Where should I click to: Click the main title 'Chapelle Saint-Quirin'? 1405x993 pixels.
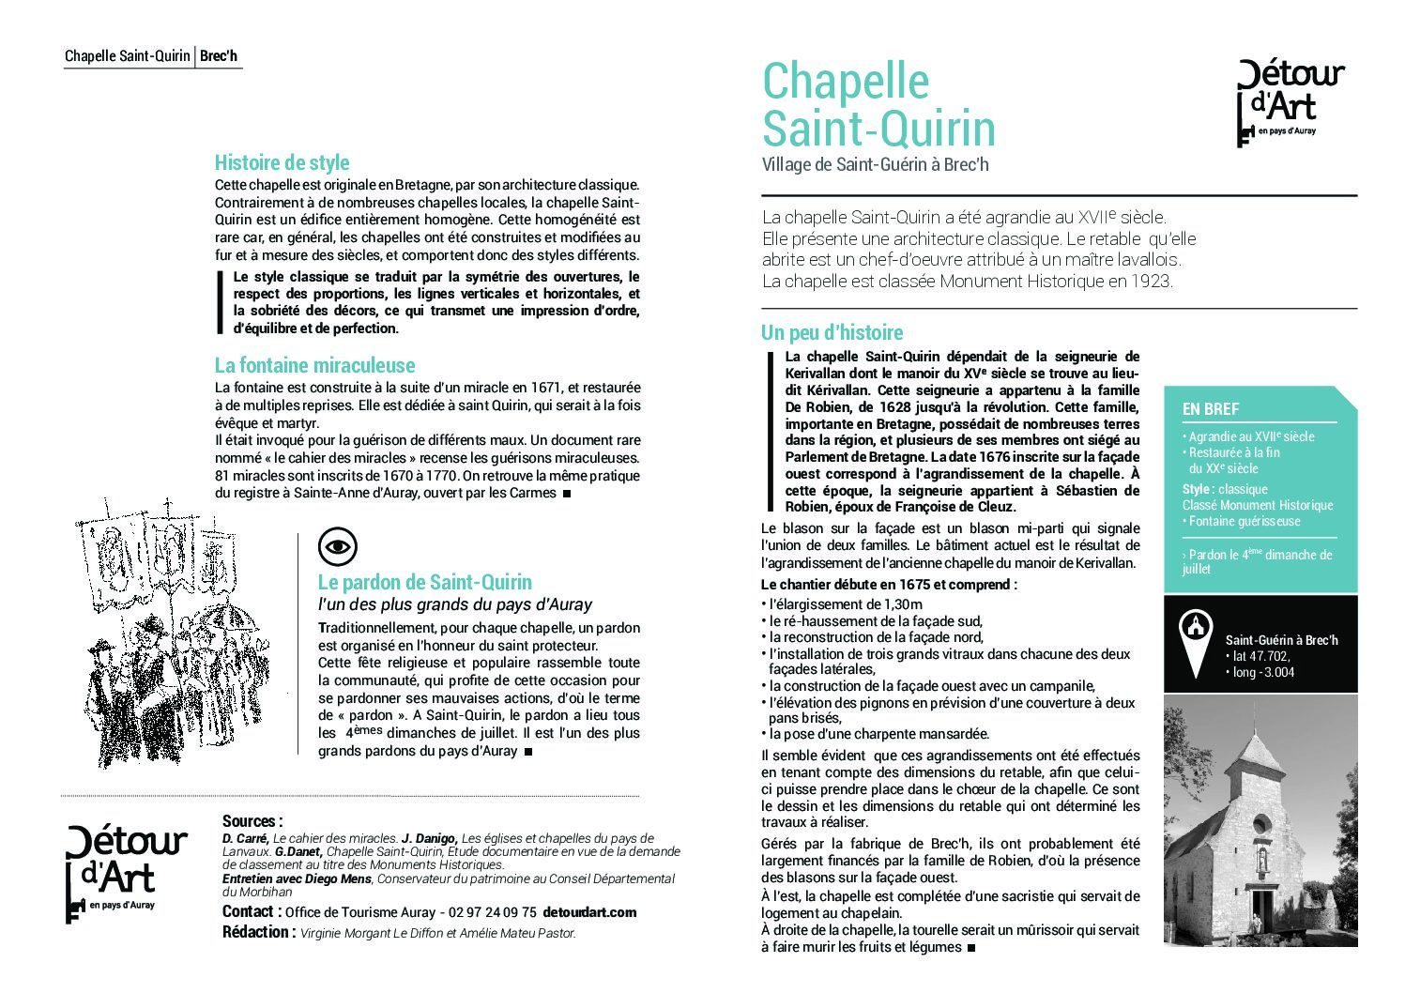[x=878, y=104]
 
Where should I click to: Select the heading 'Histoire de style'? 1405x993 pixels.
[x=282, y=162]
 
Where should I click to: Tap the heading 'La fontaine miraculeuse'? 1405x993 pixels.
[x=314, y=365]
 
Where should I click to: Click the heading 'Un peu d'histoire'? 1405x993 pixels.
[x=832, y=332]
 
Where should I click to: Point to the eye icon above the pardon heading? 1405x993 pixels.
[x=338, y=546]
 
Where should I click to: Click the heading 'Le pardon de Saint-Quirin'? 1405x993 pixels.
[x=424, y=582]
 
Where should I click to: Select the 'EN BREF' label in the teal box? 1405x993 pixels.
[x=1211, y=409]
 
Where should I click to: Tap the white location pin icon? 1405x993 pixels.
[x=1195, y=642]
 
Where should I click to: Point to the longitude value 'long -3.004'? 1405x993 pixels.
[x=1263, y=672]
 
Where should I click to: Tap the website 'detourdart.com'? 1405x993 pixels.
[x=589, y=912]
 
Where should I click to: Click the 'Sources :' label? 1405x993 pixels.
[x=252, y=821]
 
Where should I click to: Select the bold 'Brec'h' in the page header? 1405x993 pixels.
[x=219, y=56]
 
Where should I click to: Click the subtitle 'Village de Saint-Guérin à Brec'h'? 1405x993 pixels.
[x=875, y=165]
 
